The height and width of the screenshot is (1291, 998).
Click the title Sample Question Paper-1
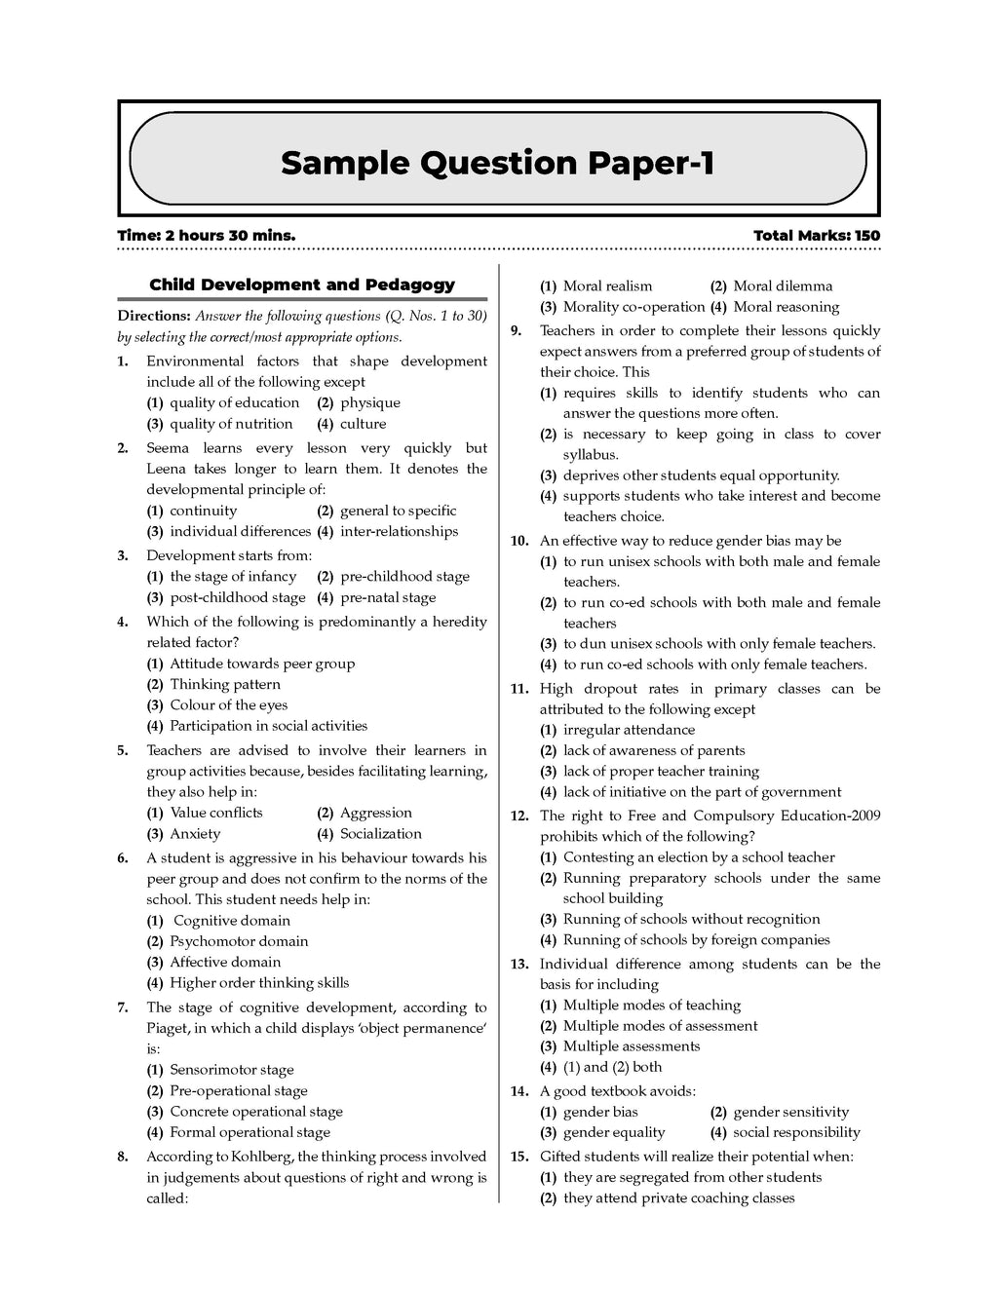[x=498, y=163]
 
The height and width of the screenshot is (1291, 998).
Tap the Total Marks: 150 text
[x=816, y=236]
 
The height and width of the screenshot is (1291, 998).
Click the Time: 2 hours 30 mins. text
[x=206, y=236]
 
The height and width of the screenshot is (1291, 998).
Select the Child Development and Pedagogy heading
[x=302, y=285]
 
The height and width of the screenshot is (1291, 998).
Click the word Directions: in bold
[x=154, y=316]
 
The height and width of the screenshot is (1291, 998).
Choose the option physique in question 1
[x=369, y=402]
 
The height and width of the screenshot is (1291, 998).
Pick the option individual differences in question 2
[x=240, y=531]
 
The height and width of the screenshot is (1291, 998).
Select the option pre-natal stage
[x=387, y=597]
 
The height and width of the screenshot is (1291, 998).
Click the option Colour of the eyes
[x=228, y=704]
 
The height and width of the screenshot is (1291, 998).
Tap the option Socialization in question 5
[x=380, y=833]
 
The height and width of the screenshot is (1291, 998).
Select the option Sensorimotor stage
[x=231, y=1069]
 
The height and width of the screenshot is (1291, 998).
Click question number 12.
[x=518, y=816]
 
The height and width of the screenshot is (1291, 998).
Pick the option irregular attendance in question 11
[x=629, y=730]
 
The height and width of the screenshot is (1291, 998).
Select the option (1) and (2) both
[x=612, y=1066]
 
